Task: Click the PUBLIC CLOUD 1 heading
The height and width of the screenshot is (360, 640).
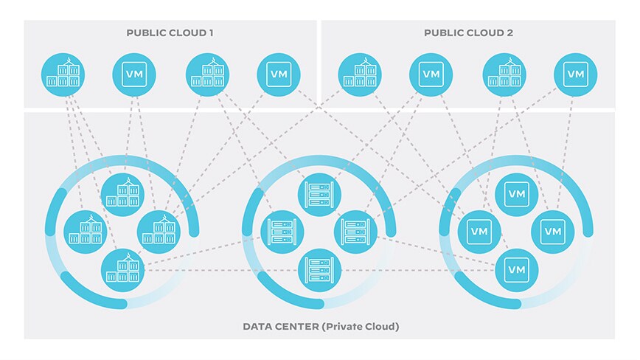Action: point(170,32)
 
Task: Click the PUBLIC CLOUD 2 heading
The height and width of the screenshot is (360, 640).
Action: point(468,32)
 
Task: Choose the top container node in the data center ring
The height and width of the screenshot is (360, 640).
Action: point(122,194)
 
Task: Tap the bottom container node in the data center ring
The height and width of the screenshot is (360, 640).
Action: point(122,270)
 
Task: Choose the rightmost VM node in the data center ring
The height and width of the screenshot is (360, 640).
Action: point(553,231)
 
